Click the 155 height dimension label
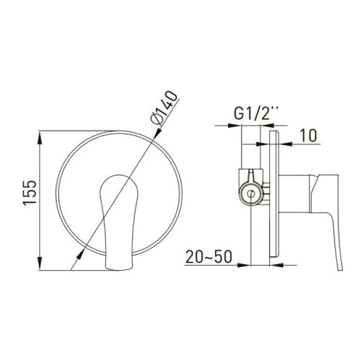point(30,193)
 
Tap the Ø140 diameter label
point(164,108)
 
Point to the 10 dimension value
point(309,136)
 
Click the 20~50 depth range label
point(208,256)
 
